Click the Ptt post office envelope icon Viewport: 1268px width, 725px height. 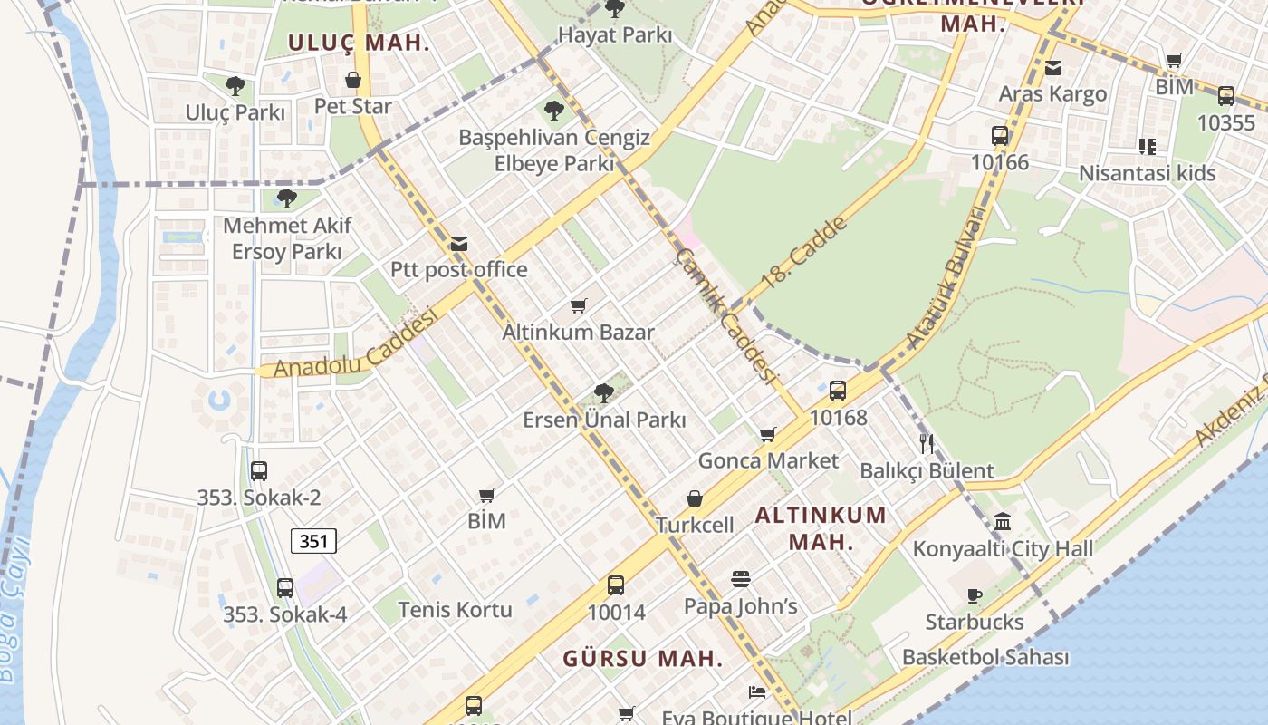pyautogui.click(x=459, y=244)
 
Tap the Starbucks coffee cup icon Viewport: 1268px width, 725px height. pyautogui.click(x=975, y=595)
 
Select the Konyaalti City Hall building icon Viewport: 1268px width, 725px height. pyautogui.click(x=1003, y=522)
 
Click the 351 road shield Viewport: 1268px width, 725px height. pyautogui.click(x=313, y=541)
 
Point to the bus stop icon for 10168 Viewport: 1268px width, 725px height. pyautogui.click(x=838, y=391)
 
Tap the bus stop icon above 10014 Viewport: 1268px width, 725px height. pyautogui.click(x=616, y=585)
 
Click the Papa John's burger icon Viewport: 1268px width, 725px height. pyautogui.click(x=741, y=579)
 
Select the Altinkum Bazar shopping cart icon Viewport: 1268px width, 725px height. pyautogui.click(x=579, y=305)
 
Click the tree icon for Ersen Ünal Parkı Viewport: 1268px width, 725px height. pyautogui.click(x=604, y=393)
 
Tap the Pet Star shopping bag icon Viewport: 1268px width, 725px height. pyautogui.click(x=353, y=81)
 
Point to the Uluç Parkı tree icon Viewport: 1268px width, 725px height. pyautogui.click(x=235, y=87)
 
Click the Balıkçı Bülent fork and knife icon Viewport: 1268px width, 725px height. pyautogui.click(x=926, y=444)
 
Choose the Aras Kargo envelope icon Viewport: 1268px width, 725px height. pyautogui.click(x=1052, y=68)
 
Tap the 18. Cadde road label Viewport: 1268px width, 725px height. pyautogui.click(x=803, y=253)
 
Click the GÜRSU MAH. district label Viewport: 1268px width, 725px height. pyautogui.click(x=643, y=658)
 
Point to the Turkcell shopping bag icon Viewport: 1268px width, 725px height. pyautogui.click(x=695, y=498)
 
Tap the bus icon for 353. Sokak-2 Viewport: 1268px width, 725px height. pyautogui.click(x=259, y=471)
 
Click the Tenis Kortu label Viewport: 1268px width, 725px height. pyautogui.click(x=455, y=609)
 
